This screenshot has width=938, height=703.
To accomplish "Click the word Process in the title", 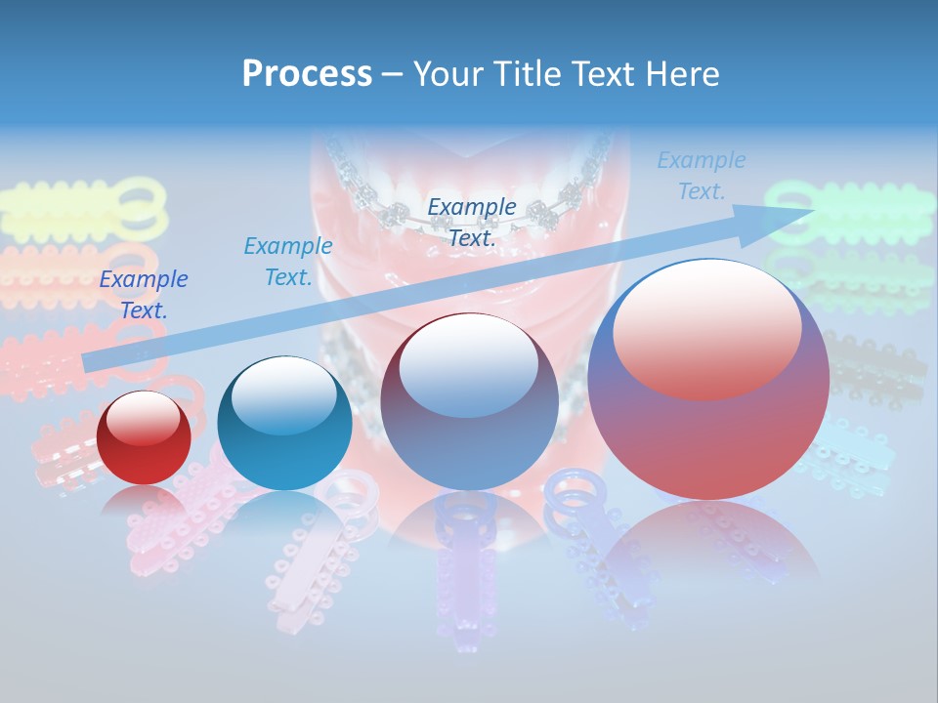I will point(307,74).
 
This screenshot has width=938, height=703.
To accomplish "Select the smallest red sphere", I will point(144,437).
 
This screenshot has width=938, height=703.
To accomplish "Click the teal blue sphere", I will point(284,424).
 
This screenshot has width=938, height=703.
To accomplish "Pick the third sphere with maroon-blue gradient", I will point(469,402).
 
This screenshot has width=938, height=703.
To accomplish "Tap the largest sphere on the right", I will point(708,379).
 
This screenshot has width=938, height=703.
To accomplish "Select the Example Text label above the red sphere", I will point(144,295).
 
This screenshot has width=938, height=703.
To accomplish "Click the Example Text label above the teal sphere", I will point(288,262).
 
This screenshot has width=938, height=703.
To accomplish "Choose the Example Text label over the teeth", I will point(472,222).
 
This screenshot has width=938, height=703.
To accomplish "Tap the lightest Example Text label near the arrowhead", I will point(702,176).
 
